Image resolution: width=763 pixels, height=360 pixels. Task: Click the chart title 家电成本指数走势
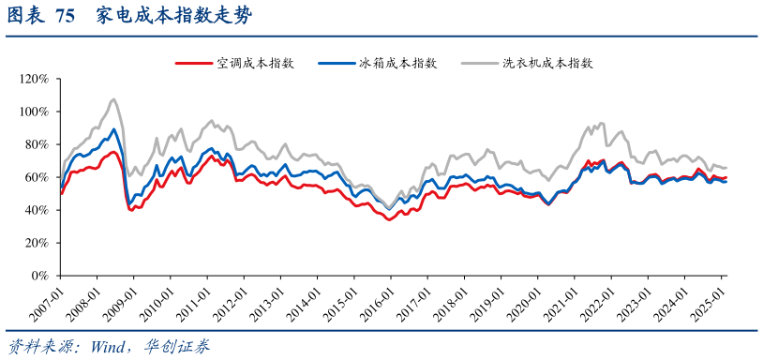[x=173, y=16]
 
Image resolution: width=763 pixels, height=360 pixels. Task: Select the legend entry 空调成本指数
[x=256, y=63]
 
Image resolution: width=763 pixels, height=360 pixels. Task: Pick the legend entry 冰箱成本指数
[x=398, y=63]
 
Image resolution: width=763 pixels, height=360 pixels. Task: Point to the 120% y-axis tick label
[x=34, y=79]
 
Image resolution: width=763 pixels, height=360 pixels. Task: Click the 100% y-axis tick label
[x=34, y=112]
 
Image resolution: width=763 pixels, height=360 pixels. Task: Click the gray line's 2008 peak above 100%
[x=113, y=99]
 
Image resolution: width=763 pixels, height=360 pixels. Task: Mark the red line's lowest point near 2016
[x=388, y=219]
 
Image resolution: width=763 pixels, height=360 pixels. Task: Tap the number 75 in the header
[x=65, y=16]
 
